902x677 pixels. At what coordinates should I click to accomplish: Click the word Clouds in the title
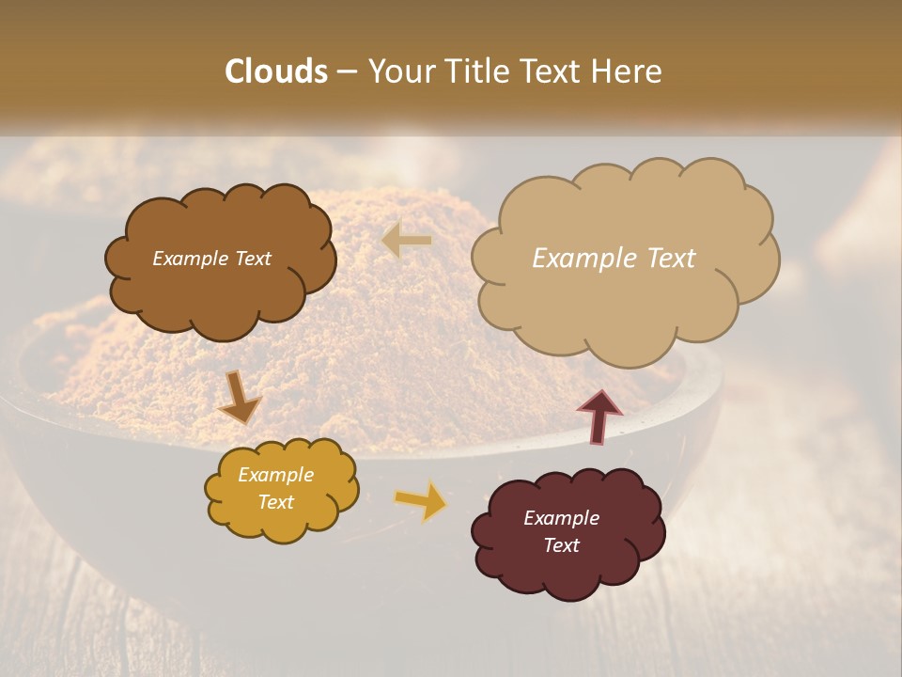[276, 71]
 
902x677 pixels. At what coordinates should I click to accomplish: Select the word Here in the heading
[626, 71]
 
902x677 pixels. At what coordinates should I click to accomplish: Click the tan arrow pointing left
[407, 241]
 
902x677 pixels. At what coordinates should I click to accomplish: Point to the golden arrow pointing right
[421, 500]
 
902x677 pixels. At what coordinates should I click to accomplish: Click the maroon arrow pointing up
[599, 416]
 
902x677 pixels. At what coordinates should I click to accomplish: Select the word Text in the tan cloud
[672, 259]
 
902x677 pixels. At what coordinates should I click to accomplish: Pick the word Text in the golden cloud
[275, 502]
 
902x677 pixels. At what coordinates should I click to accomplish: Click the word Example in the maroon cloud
[561, 518]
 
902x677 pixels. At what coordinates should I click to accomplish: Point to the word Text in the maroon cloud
[561, 545]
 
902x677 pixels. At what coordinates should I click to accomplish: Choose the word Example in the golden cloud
[275, 475]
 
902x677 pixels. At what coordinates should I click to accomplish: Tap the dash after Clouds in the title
[346, 71]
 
